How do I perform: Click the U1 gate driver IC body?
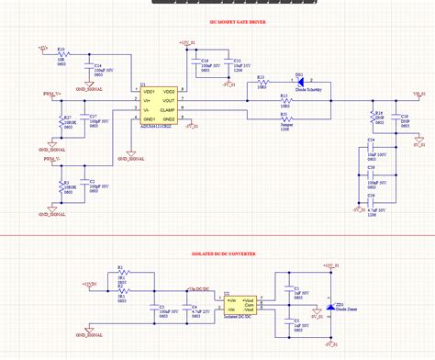point(158,106)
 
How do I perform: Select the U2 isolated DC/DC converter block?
point(242,303)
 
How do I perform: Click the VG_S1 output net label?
point(418,93)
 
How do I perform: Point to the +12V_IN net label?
point(90,285)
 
